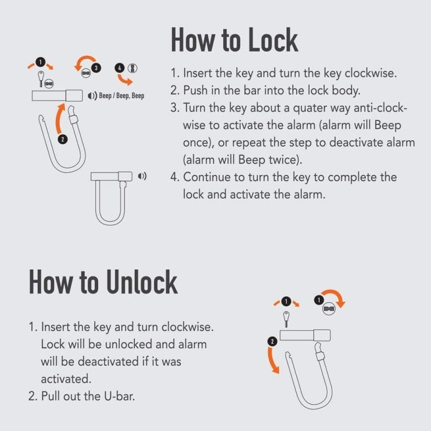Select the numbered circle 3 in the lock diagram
coord(96,68)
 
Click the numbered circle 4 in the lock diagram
coord(119,68)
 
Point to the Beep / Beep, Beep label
coord(122,96)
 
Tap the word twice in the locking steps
coord(289,160)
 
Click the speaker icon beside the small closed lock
coord(142,176)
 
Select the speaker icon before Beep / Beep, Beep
coord(92,96)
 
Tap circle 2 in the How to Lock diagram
coord(62,139)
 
